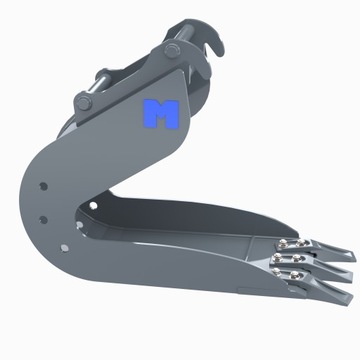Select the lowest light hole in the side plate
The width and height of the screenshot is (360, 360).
click(45, 222)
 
